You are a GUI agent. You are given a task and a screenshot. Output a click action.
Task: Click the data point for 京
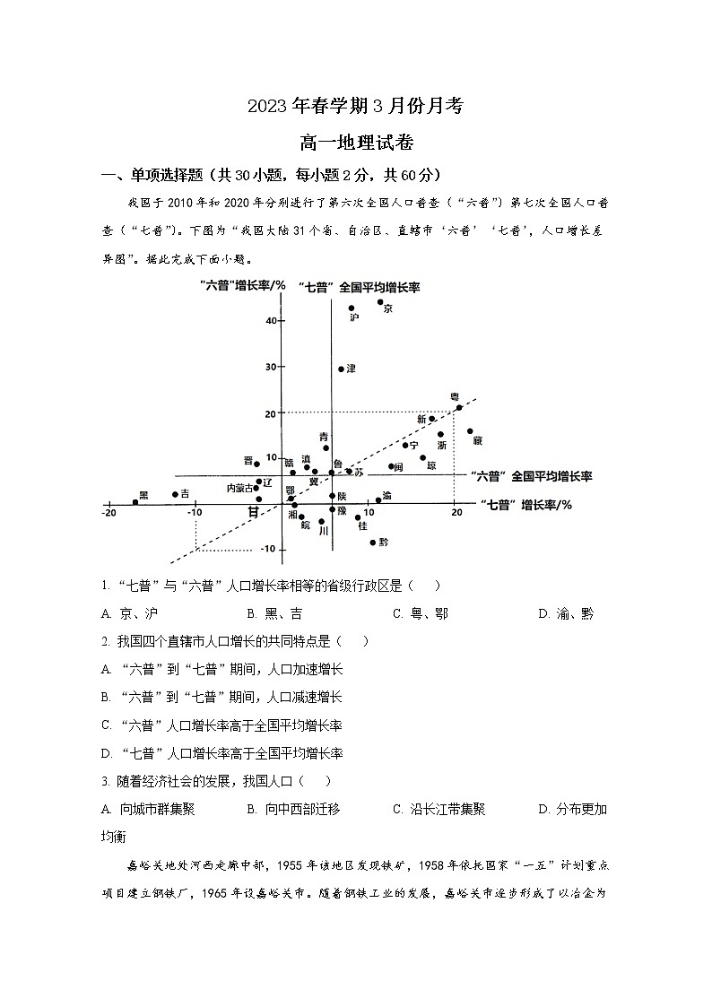(x=380, y=301)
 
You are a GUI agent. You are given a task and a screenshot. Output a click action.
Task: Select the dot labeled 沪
(x=352, y=308)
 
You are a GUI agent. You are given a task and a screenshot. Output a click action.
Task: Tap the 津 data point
(x=341, y=369)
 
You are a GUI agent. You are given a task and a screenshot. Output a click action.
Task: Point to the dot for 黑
(x=135, y=502)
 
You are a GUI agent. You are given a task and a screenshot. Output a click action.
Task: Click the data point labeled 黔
(x=373, y=543)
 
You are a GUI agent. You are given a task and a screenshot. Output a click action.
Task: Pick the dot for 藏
(x=470, y=431)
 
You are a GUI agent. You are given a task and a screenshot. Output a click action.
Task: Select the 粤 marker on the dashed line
(x=459, y=407)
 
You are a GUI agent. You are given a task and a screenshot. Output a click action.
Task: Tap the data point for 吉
(x=175, y=494)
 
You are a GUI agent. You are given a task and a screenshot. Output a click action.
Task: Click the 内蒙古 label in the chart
(x=240, y=489)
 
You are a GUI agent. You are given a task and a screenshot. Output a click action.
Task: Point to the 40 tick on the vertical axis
(x=270, y=320)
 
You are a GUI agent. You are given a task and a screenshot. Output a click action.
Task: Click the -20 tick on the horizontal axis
(x=109, y=513)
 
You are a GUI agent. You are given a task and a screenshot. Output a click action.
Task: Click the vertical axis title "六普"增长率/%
(x=243, y=286)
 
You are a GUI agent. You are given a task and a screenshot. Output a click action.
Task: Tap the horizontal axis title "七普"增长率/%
(x=525, y=505)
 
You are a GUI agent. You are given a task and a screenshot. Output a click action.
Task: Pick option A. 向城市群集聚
(x=148, y=809)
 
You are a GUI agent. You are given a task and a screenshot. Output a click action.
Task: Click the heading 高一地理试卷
(x=356, y=142)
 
